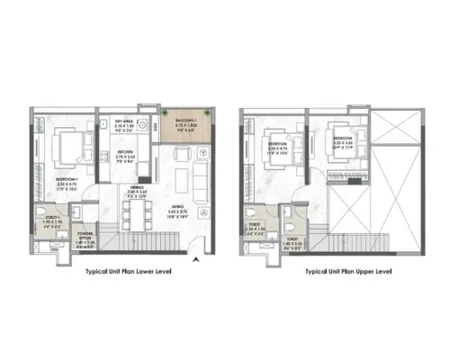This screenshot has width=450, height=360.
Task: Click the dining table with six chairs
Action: click(135, 214)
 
